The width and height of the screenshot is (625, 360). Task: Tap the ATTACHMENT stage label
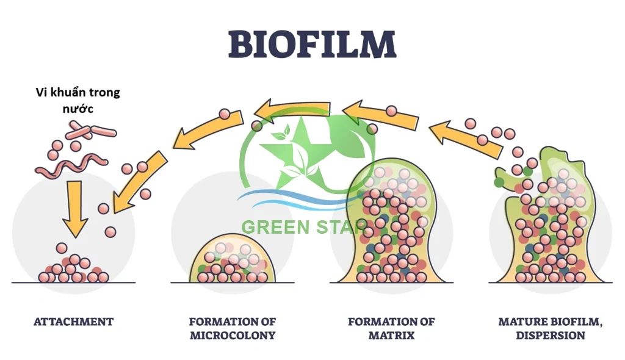click(73, 322)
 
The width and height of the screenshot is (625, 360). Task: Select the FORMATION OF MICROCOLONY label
click(232, 328)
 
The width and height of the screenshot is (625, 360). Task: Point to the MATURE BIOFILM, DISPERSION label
click(550, 328)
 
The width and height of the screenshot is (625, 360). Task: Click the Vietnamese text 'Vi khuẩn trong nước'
click(77, 100)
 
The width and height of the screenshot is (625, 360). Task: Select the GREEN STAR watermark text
click(303, 227)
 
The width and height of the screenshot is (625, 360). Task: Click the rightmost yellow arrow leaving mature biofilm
click(460, 138)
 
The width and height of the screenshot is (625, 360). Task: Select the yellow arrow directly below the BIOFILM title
click(293, 110)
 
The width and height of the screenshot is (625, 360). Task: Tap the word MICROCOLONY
click(232, 336)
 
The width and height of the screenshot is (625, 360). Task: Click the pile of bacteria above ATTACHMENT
click(73, 270)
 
